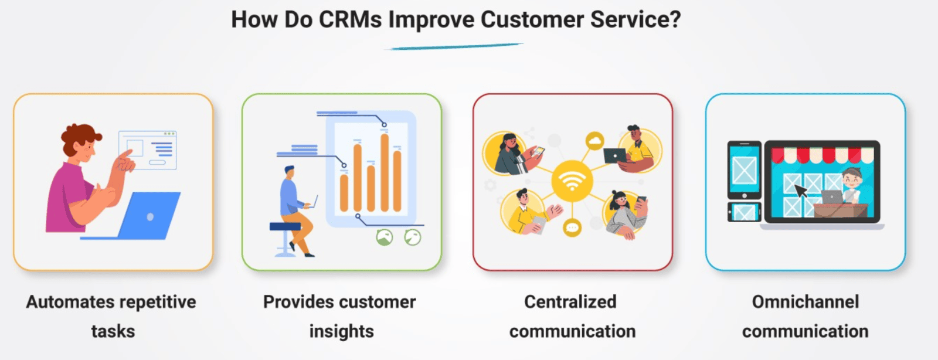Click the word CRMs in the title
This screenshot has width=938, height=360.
point(350,19)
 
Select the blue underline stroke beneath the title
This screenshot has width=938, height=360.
point(454,46)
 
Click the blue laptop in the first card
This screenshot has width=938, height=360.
point(138,216)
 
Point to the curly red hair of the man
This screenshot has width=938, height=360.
point(80,136)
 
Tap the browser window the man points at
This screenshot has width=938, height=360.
point(147,150)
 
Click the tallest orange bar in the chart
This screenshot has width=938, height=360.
point(385,172)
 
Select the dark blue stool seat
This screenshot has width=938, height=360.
point(285,226)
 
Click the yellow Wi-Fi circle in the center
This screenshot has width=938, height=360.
point(572,181)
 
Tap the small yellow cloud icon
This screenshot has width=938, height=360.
point(594,141)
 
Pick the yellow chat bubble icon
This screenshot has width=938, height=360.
point(572,227)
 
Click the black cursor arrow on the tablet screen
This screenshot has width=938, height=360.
point(801,191)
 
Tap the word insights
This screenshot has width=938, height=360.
point(342,331)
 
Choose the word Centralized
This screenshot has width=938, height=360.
point(570,302)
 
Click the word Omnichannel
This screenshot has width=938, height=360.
point(806,302)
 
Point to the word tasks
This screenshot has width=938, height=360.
point(113,331)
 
